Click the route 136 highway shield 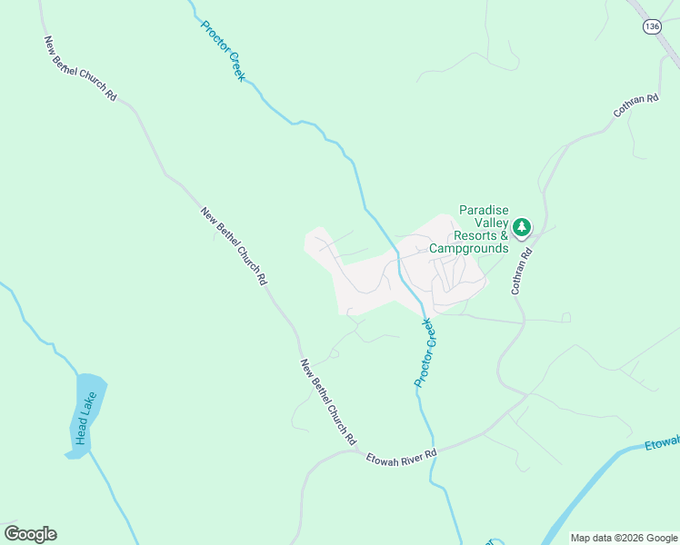pos(651,27)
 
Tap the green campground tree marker pos(521,227)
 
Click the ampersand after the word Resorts pos(503,235)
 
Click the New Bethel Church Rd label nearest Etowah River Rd pos(328,401)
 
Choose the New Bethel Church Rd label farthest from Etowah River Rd pos(80,69)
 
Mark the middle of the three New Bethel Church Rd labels pos(234,247)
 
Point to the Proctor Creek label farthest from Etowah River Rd pos(223,51)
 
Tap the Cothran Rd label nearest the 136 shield pos(635,107)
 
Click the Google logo pos(30,534)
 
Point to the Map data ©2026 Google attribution pos(624,538)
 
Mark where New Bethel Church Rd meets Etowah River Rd pos(361,451)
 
